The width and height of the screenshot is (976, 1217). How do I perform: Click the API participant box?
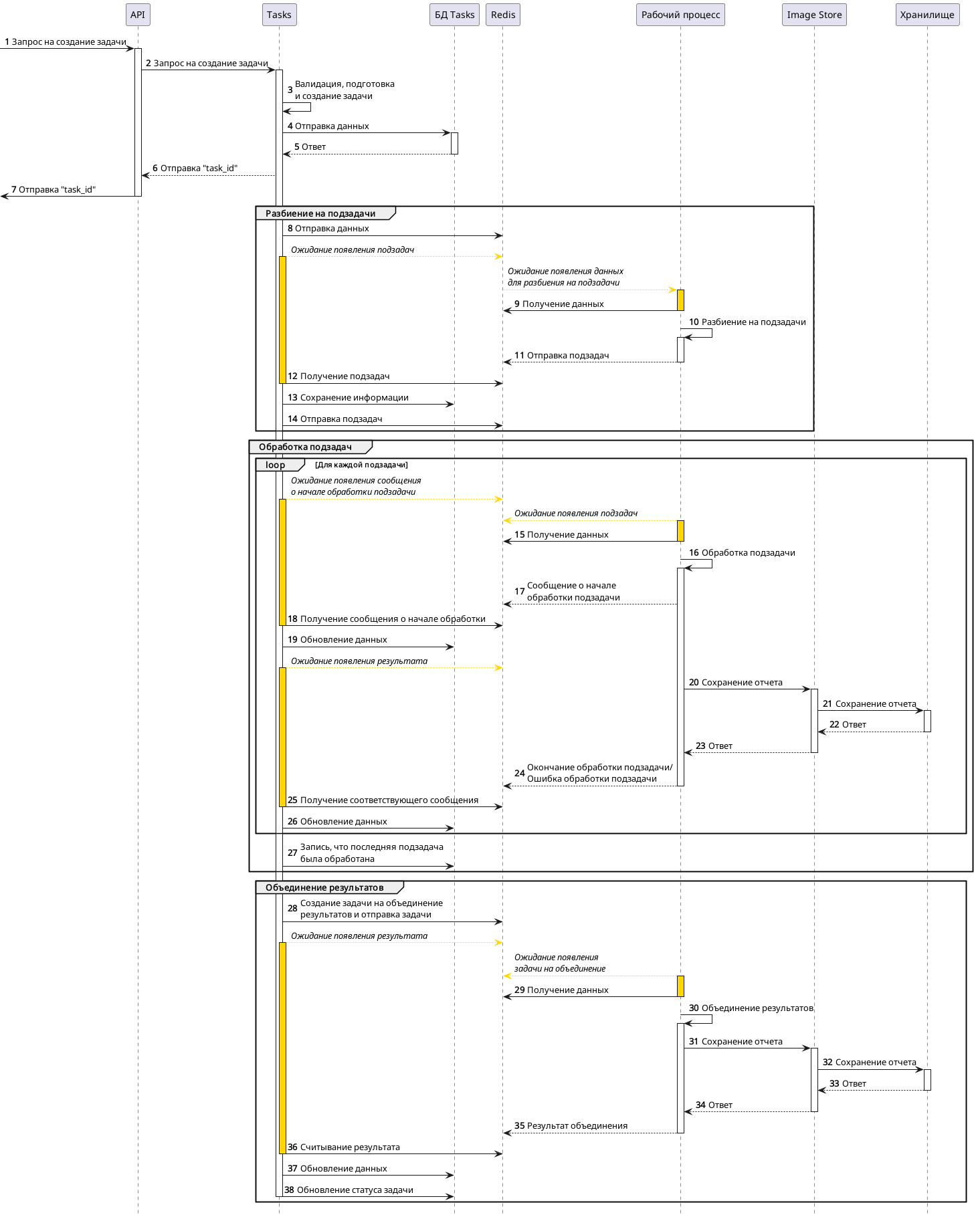[x=137, y=15]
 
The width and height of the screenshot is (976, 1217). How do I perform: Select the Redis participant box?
[x=502, y=15]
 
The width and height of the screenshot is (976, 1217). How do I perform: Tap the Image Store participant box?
[x=813, y=15]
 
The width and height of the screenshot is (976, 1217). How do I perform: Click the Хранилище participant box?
[x=926, y=15]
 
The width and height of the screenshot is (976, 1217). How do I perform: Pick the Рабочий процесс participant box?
[x=680, y=15]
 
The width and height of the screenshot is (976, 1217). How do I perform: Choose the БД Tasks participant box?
[x=454, y=15]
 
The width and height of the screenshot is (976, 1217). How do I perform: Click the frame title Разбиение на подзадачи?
[x=320, y=214]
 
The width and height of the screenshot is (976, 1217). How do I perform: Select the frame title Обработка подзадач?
[x=305, y=447]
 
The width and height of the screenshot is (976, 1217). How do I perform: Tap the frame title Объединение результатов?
[x=324, y=888]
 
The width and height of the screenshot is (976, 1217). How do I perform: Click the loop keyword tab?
[x=275, y=465]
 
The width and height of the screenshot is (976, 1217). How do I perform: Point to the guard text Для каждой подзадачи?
[x=361, y=465]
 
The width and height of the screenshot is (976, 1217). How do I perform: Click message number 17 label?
[x=519, y=592]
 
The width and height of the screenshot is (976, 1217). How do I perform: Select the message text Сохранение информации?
[x=354, y=398]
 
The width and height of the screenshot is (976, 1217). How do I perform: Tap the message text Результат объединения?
[x=577, y=1126]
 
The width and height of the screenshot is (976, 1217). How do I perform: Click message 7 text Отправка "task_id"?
[x=57, y=190]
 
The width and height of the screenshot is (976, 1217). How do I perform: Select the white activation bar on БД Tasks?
[x=454, y=143]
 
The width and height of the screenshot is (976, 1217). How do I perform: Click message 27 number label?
[x=292, y=853]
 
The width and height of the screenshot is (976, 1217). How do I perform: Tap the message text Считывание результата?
[x=350, y=1147]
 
